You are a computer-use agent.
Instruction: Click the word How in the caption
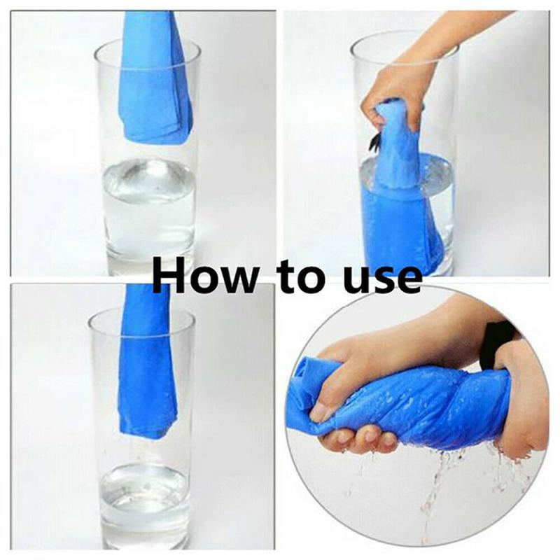[x=199, y=274]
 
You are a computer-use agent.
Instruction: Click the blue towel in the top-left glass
[x=155, y=84]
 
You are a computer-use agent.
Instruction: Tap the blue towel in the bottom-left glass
[x=147, y=371]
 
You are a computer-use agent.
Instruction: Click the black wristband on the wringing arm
[x=498, y=343]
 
